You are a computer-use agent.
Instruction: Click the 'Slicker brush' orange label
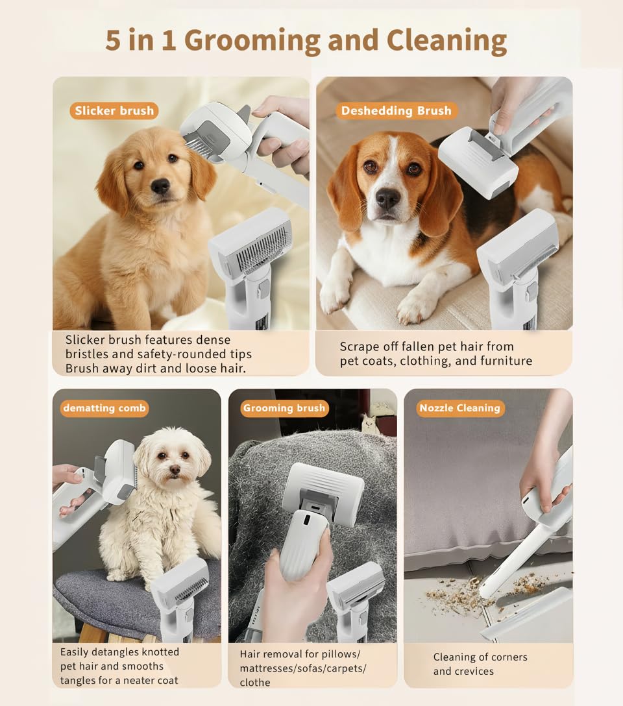114,110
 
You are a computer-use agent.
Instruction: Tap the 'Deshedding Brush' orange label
396,110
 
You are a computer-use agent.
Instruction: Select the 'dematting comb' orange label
104,408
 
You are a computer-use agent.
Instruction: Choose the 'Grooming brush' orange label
284,408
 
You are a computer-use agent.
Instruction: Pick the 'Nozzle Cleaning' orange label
459,408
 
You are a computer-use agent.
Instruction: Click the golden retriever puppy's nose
160,187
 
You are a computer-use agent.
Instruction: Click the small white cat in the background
370,424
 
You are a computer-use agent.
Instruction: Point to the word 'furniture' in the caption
504,361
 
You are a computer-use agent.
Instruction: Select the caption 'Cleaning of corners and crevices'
480,664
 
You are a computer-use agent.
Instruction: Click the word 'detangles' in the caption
126,651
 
